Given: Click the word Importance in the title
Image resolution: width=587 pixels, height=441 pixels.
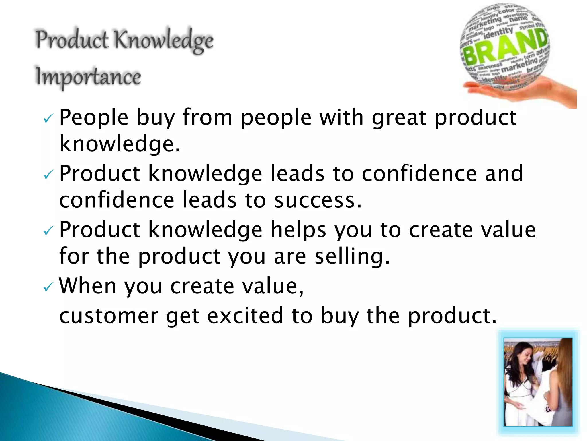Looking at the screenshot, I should tap(88, 77).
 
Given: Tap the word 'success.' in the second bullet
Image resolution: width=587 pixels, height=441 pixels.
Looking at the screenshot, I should tap(318, 200).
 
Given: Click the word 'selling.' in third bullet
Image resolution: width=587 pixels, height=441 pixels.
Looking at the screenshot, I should tap(352, 256).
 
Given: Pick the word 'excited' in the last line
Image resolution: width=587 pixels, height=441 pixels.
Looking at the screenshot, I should tap(245, 316).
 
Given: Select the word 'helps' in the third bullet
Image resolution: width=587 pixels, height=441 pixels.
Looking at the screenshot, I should tap(298, 230).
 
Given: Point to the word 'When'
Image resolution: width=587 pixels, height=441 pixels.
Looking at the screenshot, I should tap(87, 286).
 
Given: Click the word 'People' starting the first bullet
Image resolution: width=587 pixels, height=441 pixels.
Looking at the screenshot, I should tap(93, 118).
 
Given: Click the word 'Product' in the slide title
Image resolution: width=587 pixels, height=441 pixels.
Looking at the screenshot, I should tap(72, 40).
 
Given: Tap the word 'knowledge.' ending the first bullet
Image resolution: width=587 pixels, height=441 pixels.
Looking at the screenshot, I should tap(120, 144).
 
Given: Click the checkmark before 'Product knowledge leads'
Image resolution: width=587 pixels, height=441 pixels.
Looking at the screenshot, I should tap(48, 174).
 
